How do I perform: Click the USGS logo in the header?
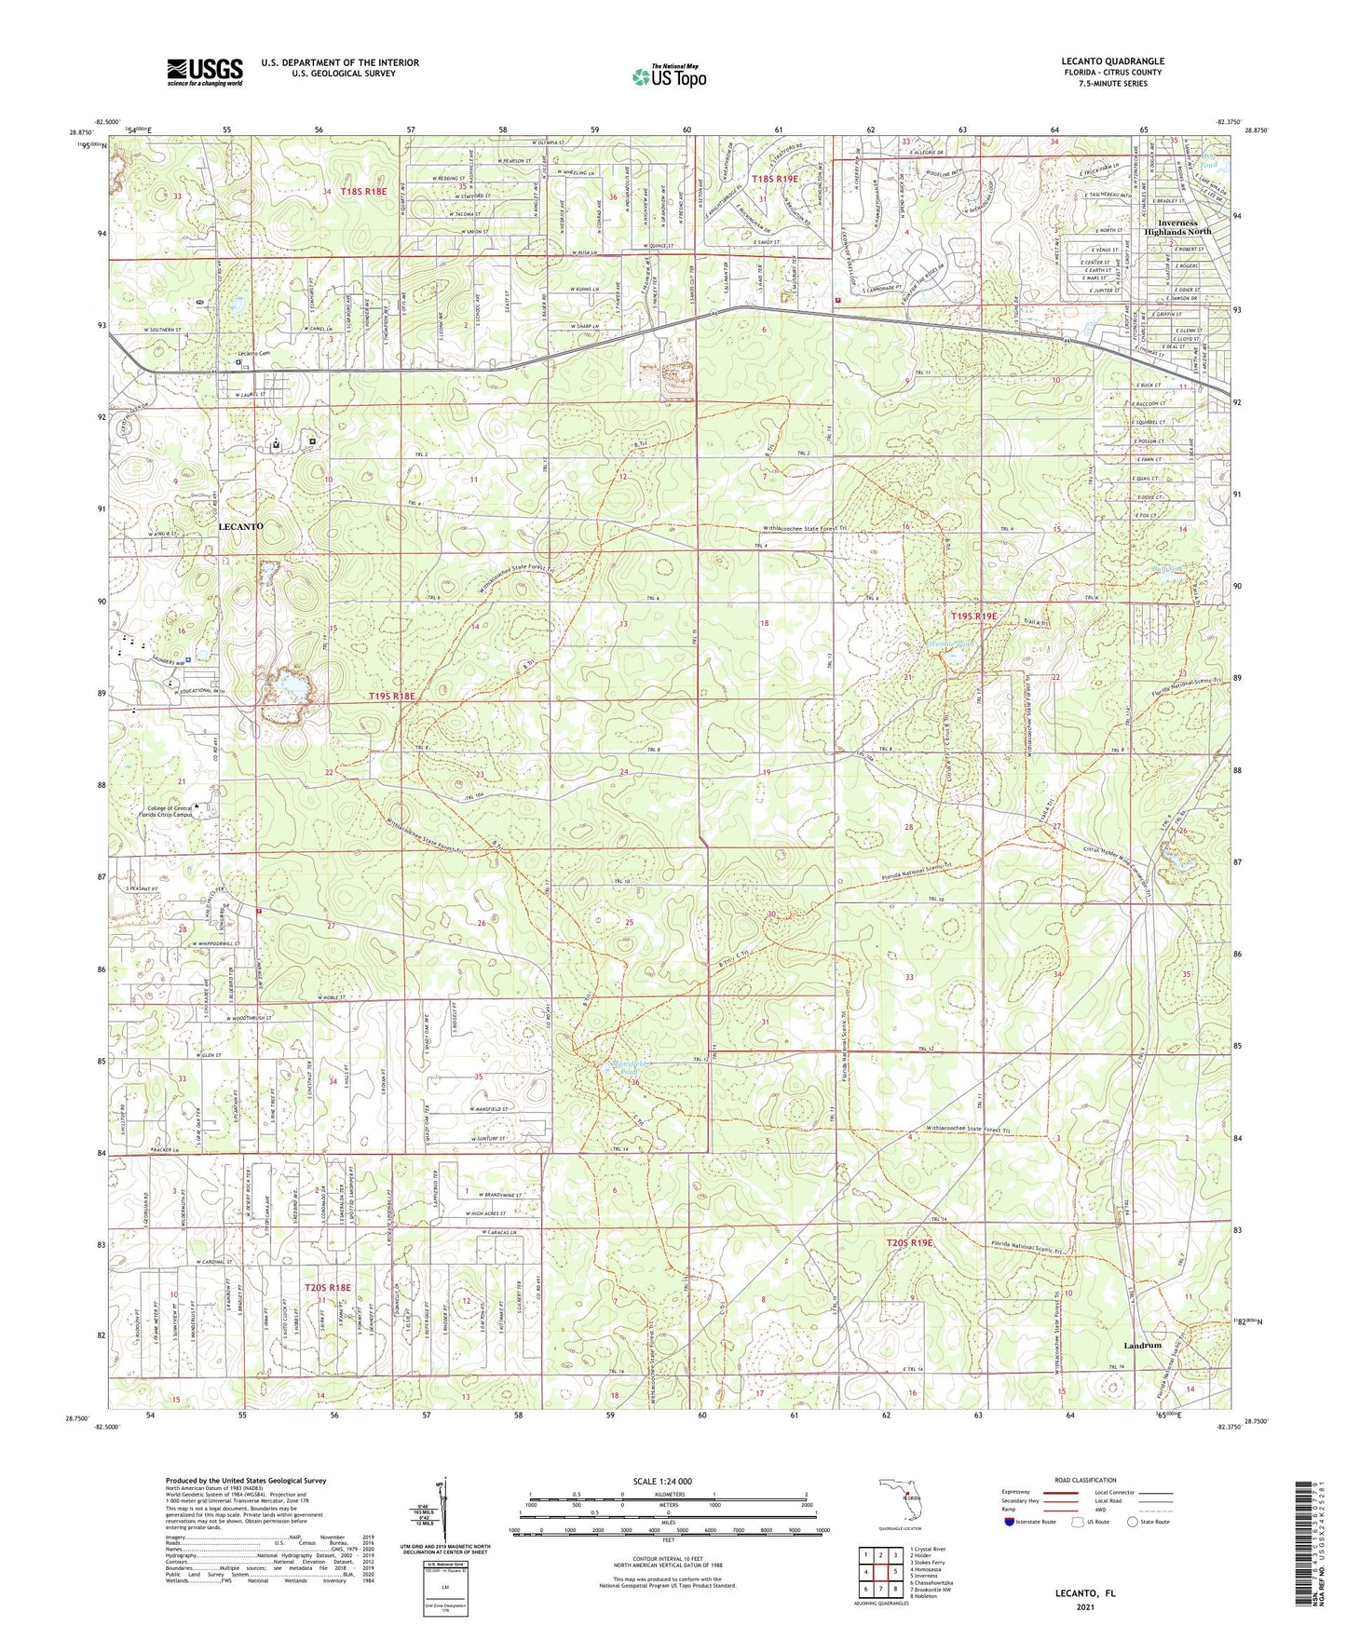204,72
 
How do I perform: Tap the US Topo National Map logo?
669,76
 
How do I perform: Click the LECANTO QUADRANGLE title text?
1112,61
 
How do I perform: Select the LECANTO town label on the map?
240,526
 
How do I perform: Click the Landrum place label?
1142,1346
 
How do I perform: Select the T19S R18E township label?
391,696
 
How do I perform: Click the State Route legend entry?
1149,1522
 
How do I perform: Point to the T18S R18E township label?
362,191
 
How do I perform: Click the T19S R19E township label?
973,617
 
